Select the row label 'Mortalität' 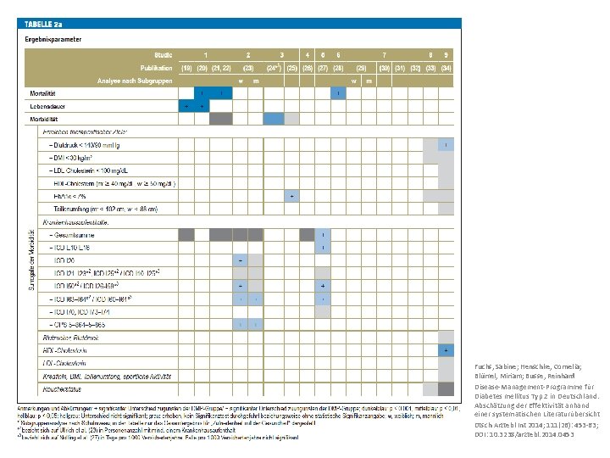coord(42,92)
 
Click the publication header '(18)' coord(186,67)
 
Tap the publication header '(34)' coord(445,67)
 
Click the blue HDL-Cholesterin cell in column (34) coord(445,349)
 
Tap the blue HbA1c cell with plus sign coord(292,196)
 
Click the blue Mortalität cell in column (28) coord(337,92)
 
